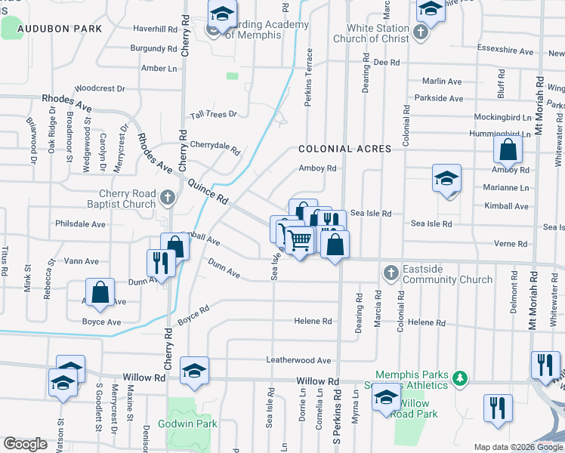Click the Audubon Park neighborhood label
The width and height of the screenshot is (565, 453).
coord(60,29)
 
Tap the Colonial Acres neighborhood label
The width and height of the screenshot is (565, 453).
coord(344,149)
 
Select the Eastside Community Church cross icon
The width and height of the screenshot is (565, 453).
coord(391,272)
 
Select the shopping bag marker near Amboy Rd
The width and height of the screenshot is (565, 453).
coord(508,149)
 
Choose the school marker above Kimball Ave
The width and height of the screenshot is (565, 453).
coord(446,180)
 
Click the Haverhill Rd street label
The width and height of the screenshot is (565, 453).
coord(155,29)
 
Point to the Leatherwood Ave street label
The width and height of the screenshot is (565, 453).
coord(298,361)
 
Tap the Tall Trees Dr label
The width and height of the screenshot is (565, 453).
coord(214,115)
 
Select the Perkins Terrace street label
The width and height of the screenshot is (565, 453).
coord(308,78)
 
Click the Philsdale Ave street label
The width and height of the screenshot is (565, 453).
coord(80,224)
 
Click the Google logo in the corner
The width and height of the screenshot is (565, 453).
coord(25,444)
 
